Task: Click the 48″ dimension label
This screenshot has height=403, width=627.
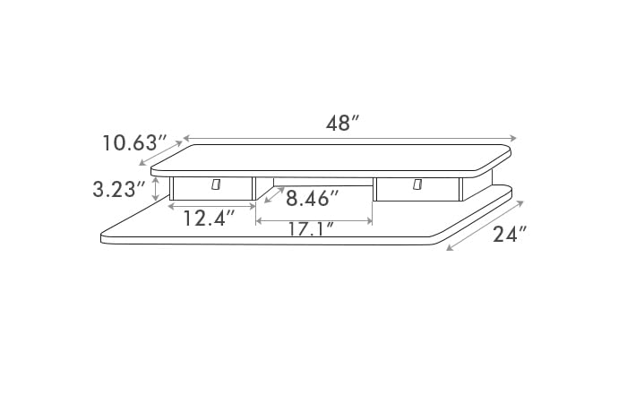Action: coord(343,124)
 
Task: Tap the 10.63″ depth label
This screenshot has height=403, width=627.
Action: coord(134,142)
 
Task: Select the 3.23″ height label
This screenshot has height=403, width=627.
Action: coord(119,189)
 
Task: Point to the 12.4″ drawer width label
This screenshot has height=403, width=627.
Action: coord(209,219)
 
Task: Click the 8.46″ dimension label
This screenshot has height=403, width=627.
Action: coord(313,198)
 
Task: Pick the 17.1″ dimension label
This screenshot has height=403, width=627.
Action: coord(311,228)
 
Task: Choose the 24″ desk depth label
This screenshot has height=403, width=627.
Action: coord(510,235)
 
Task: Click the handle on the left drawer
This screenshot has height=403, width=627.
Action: coord(216,184)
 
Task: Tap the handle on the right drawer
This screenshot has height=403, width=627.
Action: coord(418,184)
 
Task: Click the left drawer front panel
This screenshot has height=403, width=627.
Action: coord(212,188)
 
